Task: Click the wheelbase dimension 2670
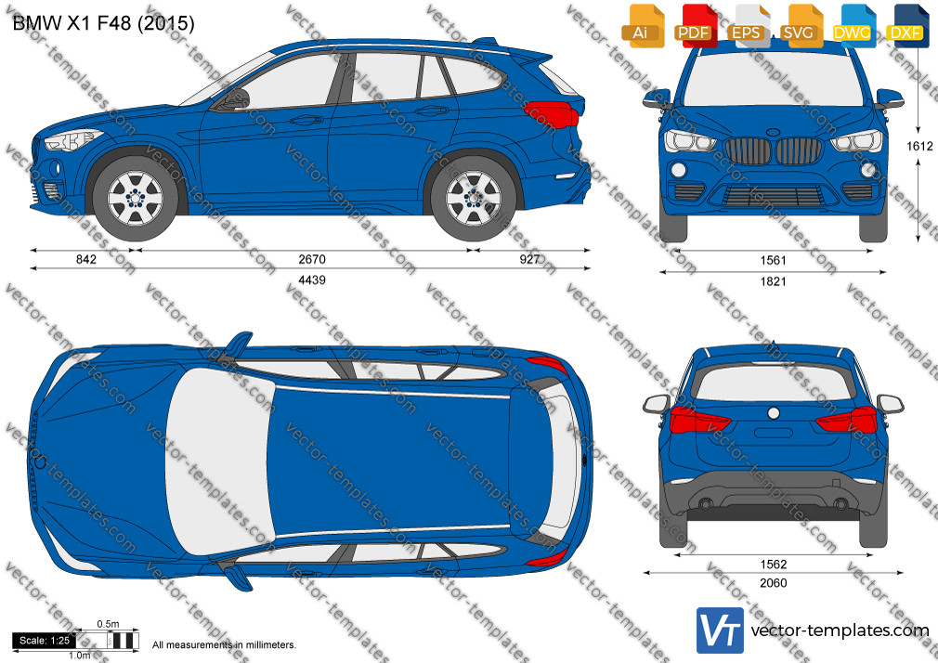312,259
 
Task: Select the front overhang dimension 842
86,259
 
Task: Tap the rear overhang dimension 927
529,259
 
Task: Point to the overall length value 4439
312,280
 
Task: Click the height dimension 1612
919,146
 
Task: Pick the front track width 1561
773,260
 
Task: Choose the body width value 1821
773,281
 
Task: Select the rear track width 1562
773,565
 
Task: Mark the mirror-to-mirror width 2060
773,583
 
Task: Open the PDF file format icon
695,26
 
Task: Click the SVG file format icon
801,26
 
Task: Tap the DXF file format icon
906,26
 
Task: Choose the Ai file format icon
643,26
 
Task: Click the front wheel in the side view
136,199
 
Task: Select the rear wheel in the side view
474,199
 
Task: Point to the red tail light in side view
552,114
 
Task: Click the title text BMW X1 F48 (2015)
103,23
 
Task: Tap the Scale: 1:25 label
45,641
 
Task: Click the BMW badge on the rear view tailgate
773,413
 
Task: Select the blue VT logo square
721,630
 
